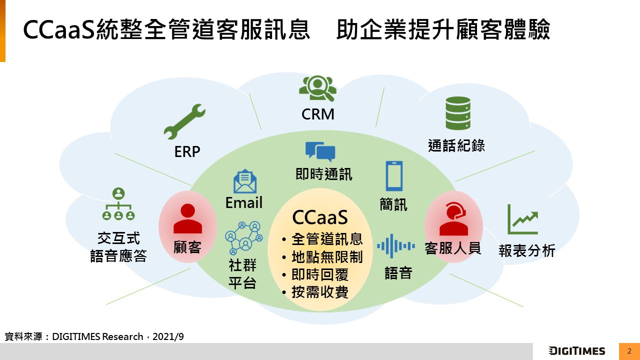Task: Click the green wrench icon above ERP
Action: point(184,121)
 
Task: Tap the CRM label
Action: point(318,114)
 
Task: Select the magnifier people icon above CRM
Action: point(317,88)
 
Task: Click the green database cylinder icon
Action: point(458,113)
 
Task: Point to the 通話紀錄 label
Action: point(456,145)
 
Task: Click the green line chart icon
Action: point(522,219)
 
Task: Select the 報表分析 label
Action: point(527,250)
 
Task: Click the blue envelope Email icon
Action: point(245,182)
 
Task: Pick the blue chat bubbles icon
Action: point(320,152)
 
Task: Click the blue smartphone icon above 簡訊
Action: point(394,176)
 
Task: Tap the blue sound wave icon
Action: point(395,246)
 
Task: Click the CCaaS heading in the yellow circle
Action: point(320,218)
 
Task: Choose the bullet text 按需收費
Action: point(320,292)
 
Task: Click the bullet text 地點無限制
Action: point(327,257)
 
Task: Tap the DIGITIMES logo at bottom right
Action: point(576,351)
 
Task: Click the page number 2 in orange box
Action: point(629,351)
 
